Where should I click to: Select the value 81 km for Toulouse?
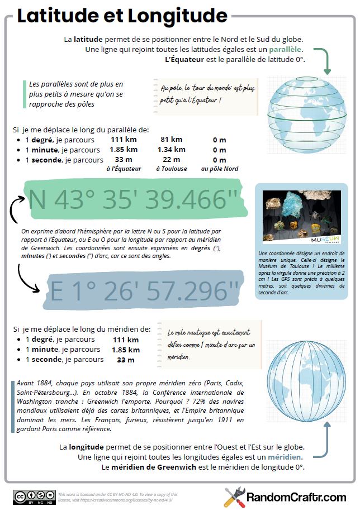tap(171, 140)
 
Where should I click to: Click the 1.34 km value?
tap(171, 149)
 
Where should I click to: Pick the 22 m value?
tap(171, 159)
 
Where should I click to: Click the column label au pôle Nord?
tap(220, 169)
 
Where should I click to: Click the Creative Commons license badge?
tap(34, 496)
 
